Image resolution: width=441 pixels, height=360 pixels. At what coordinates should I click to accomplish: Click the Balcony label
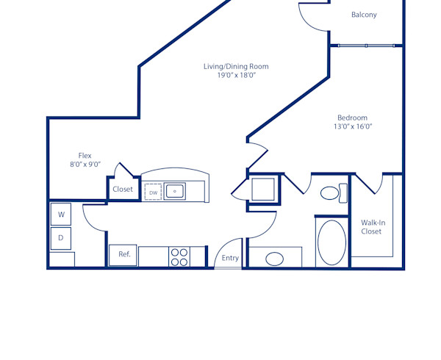point(364,15)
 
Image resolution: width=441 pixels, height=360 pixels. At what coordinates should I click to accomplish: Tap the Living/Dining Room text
point(236,66)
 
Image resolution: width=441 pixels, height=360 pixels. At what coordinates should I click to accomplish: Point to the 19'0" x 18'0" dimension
point(236,76)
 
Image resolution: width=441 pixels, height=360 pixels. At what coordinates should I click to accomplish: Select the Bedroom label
point(352,118)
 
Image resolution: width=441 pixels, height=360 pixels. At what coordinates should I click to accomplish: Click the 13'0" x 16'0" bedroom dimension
point(353,126)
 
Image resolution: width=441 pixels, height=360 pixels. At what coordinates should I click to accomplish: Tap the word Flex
point(85,155)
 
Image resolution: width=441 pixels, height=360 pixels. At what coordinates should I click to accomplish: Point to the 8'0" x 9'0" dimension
point(85,165)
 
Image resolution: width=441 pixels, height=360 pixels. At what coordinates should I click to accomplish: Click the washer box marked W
point(61,215)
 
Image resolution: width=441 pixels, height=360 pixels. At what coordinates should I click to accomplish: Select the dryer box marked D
point(61,238)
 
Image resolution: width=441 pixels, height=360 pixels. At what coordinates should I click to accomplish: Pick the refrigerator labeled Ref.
point(123,255)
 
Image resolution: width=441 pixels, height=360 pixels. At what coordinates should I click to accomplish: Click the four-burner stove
point(179,256)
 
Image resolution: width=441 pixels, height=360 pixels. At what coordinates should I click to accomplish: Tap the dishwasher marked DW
point(153,192)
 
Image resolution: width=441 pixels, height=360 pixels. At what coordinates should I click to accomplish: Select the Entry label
point(230,258)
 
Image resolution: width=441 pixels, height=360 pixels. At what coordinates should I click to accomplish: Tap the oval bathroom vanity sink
point(275,259)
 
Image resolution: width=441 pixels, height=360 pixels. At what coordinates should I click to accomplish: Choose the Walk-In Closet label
point(371,227)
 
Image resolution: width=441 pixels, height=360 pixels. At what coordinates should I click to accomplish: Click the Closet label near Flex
point(123,190)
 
